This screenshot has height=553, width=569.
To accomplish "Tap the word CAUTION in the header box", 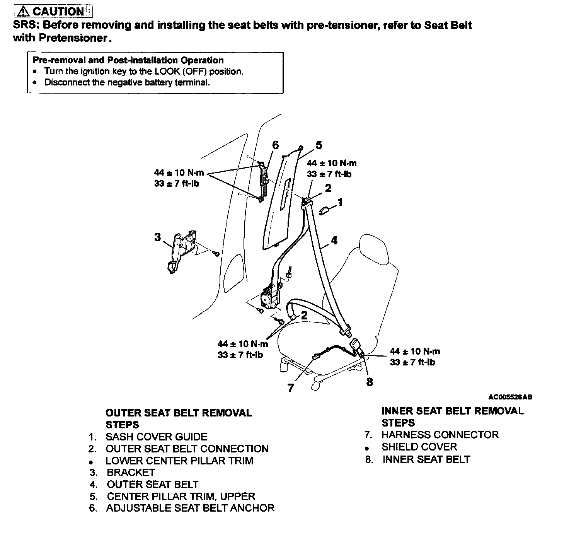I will (58, 11).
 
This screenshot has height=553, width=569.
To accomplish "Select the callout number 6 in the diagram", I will (275, 145).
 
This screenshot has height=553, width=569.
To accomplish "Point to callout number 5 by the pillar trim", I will (319, 145).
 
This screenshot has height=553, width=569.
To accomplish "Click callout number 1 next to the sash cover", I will (340, 202).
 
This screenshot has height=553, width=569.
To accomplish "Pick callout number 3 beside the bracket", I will (157, 237).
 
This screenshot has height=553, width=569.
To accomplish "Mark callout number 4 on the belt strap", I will (334, 240).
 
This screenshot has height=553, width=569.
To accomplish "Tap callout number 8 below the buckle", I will (370, 382).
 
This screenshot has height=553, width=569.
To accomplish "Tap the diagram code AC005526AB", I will (510, 397).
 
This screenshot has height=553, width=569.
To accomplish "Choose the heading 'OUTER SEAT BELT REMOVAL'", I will (179, 413).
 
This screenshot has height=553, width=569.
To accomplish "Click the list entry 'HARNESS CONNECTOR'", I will (440, 435).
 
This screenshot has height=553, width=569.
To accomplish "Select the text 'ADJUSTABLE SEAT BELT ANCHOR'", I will (190, 508).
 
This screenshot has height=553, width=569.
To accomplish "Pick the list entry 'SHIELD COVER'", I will (419, 447).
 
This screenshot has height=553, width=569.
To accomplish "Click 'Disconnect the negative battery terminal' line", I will (127, 82).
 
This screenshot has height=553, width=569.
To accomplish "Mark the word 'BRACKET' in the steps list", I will (131, 473).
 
